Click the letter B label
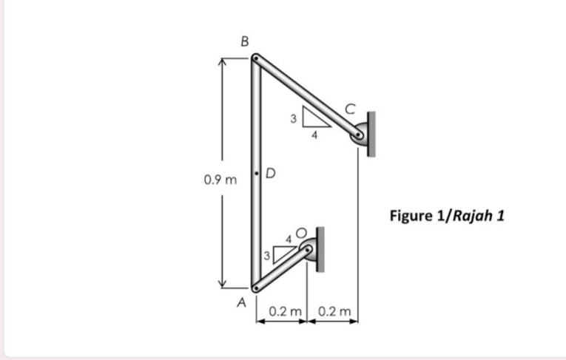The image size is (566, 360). [x=245, y=41]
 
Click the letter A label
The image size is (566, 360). [x=241, y=302]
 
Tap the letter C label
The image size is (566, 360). [x=350, y=109]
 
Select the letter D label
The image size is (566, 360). [x=270, y=174]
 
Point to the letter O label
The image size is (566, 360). [x=301, y=233]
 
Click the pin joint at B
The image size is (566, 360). [x=255, y=58]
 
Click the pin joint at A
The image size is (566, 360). [x=255, y=288]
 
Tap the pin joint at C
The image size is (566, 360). [x=358, y=135]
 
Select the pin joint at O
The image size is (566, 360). [x=308, y=249]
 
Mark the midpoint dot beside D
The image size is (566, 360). [x=256, y=174]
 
